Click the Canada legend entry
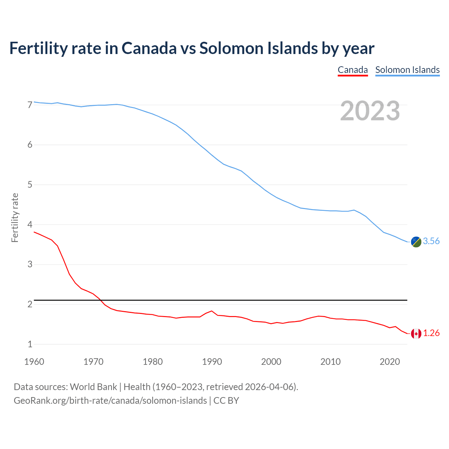[x=353, y=70]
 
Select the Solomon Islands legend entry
[x=407, y=70]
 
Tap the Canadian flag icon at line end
[x=416, y=334]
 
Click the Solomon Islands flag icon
[x=416, y=242]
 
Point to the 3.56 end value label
[x=431, y=241]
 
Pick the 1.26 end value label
[x=431, y=333]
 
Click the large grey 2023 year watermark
[x=370, y=111]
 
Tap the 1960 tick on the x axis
[x=34, y=362]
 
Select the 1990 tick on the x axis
[x=212, y=362]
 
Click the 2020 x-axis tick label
[x=390, y=362]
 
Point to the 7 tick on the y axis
[x=30, y=105]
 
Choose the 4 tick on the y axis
[x=30, y=224]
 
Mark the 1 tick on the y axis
[x=30, y=344]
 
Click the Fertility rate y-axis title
[x=15, y=217]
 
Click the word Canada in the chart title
[x=149, y=48]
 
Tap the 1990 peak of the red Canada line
[x=212, y=311]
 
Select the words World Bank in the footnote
[x=93, y=387]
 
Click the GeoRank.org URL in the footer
[x=110, y=401]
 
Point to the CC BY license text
[x=226, y=401]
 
